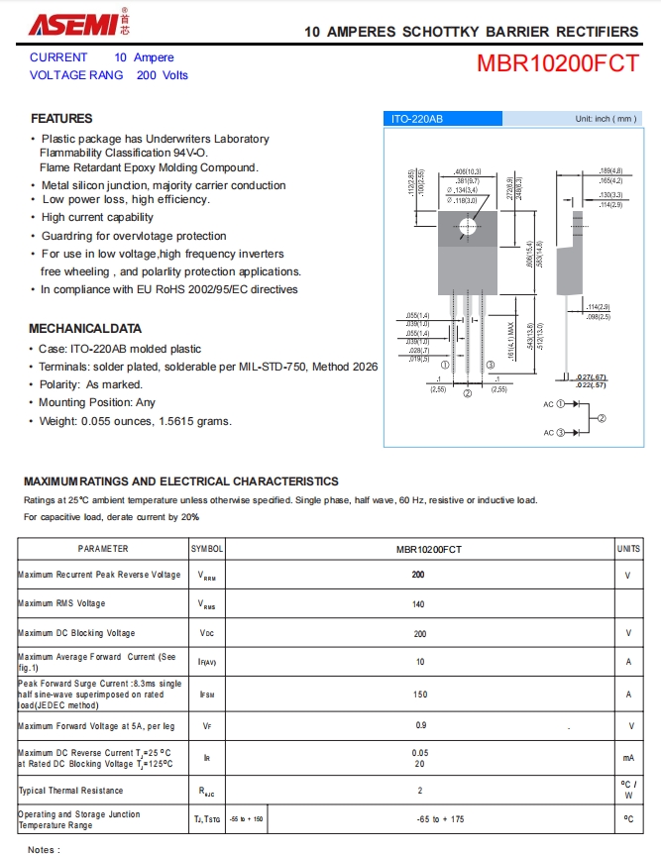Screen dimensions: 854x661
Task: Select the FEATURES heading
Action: [x=61, y=119]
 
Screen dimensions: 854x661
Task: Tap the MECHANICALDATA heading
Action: [x=85, y=328]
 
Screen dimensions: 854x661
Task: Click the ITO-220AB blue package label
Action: [x=417, y=119]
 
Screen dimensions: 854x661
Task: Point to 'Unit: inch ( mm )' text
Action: [x=606, y=119]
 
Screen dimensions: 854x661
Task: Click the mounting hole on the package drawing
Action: [x=467, y=226]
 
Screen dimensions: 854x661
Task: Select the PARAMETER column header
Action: [x=103, y=549]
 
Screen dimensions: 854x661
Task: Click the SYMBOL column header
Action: [x=207, y=549]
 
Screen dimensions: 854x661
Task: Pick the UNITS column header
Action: [x=628, y=549]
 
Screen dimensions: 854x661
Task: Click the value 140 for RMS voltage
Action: [x=418, y=603]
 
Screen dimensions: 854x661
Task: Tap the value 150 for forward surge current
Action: [x=420, y=694]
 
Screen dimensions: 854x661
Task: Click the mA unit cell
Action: [x=628, y=758]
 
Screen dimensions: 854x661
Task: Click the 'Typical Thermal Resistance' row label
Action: [x=70, y=791]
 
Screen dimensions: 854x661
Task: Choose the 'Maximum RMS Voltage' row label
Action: [x=61, y=603]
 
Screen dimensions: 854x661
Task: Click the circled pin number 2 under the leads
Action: [x=467, y=393]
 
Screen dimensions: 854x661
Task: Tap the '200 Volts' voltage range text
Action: [x=162, y=75]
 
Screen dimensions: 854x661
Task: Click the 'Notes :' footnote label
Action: [x=44, y=849]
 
